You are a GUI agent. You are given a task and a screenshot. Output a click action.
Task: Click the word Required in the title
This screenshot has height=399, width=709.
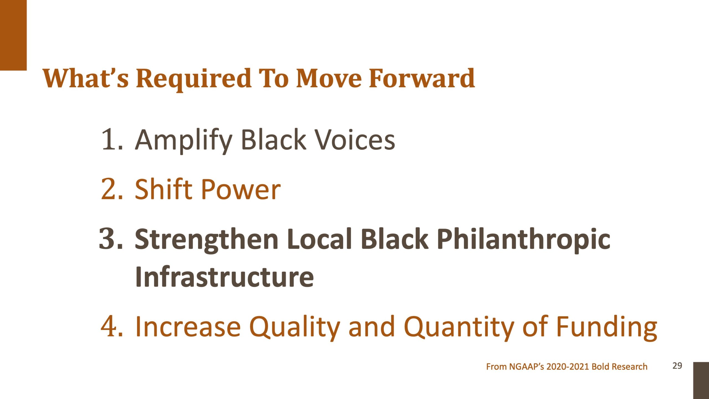click(194, 80)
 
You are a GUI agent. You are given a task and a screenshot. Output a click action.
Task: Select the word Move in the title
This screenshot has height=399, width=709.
click(329, 78)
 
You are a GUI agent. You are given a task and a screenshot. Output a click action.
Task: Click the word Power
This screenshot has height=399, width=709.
click(241, 189)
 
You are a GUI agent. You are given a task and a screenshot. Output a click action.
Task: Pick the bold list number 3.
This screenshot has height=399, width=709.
click(111, 238)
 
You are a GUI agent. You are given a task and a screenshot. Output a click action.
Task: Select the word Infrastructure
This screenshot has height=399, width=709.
click(224, 277)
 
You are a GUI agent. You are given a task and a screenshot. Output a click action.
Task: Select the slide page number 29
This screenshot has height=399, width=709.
click(677, 366)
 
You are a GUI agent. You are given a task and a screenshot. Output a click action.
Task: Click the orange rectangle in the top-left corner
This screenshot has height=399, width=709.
click(13, 35)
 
